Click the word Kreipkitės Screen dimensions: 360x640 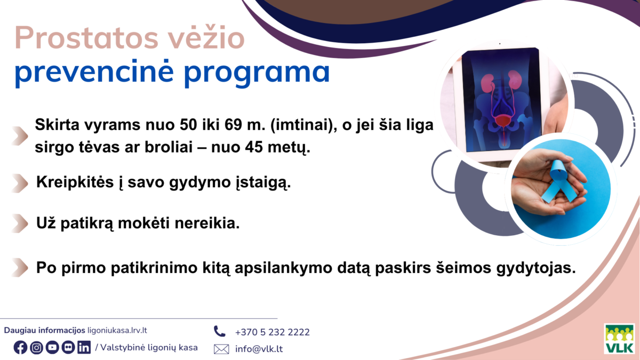(71, 183)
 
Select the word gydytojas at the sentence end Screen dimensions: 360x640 (539, 267)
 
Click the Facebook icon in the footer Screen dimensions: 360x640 (20, 347)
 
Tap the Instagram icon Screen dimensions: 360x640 (36, 347)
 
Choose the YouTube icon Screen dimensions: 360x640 (52, 347)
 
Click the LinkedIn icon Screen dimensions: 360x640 (84, 347)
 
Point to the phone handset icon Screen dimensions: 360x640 (220, 331)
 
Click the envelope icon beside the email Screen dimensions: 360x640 (221, 349)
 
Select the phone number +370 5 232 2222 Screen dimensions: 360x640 (272, 332)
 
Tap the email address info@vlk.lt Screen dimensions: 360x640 (259, 349)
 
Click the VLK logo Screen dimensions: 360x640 (619, 338)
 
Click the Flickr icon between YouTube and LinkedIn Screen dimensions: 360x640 (68, 347)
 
